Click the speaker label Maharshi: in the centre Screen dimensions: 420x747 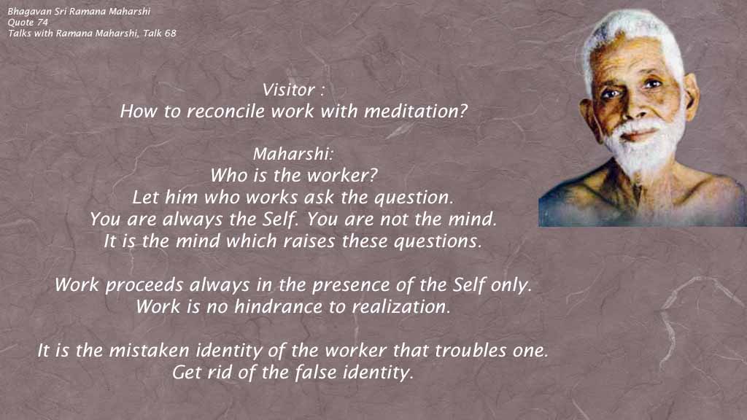coord(293,155)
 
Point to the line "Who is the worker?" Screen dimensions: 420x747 coord(293,176)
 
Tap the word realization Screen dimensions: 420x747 coord(400,307)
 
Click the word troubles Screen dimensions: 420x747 coord(471,351)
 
